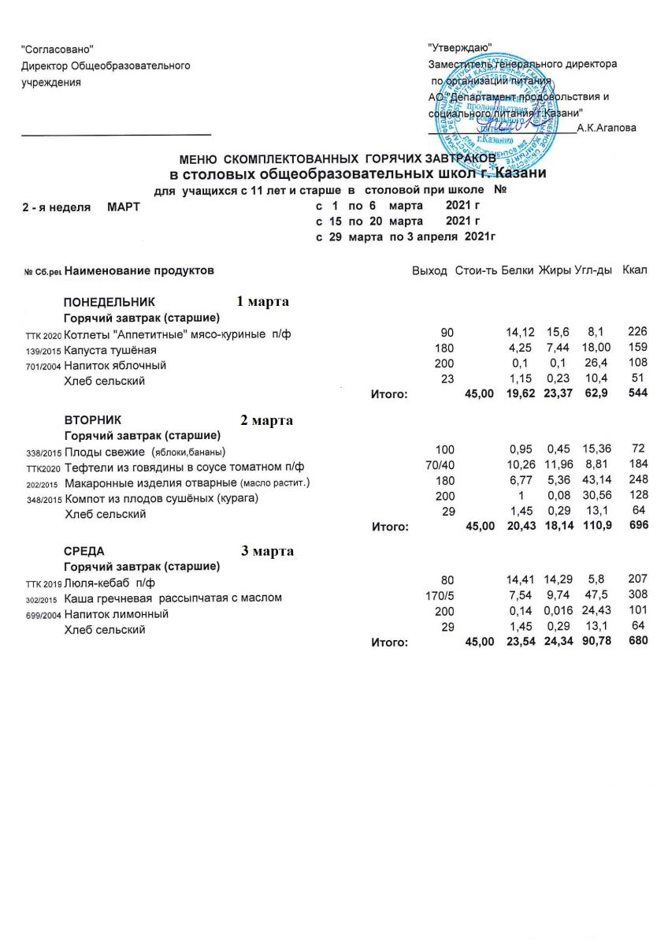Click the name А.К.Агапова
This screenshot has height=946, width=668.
pyautogui.click(x=607, y=128)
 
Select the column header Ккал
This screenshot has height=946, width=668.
pyautogui.click(x=634, y=271)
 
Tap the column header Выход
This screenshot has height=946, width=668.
pyautogui.click(x=429, y=271)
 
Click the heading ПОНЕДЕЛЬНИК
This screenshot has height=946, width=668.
pyautogui.click(x=109, y=302)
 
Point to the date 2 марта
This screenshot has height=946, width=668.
pyautogui.click(x=266, y=420)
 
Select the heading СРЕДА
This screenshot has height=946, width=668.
pyautogui.click(x=83, y=551)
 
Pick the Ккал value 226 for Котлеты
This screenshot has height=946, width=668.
pyautogui.click(x=636, y=333)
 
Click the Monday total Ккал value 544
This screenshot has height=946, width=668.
pyautogui.click(x=637, y=393)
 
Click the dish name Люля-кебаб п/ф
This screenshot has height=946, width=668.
pyautogui.click(x=109, y=583)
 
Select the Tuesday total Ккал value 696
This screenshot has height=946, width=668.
pyautogui.click(x=637, y=525)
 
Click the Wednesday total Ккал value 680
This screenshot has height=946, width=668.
pyautogui.click(x=637, y=641)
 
